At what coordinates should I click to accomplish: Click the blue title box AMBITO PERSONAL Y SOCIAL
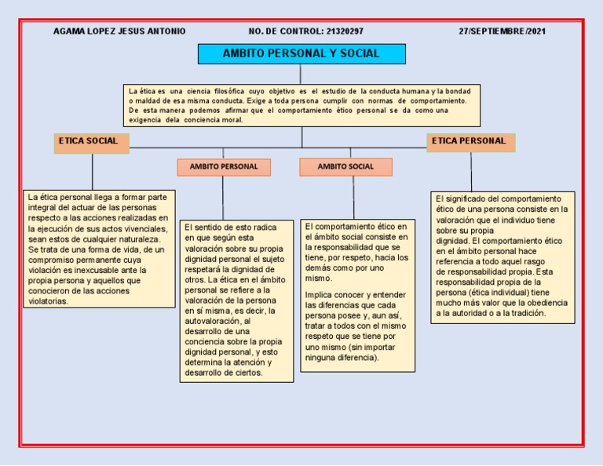(301, 54)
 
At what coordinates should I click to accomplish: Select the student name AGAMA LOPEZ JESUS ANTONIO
(119, 31)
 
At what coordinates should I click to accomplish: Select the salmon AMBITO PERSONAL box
(223, 167)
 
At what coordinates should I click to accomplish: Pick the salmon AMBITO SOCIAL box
(345, 167)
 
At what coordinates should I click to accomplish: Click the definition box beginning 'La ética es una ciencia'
(301, 105)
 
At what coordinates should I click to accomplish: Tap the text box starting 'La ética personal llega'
(99, 248)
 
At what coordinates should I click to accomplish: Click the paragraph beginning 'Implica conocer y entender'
(357, 326)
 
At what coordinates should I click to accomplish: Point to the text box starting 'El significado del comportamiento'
(502, 257)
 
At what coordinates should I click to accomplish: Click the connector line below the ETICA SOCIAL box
(93, 171)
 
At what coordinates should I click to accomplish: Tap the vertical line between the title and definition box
(301, 74)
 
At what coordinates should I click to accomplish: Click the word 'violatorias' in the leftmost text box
(49, 300)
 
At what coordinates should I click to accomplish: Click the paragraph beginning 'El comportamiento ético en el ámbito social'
(357, 251)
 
